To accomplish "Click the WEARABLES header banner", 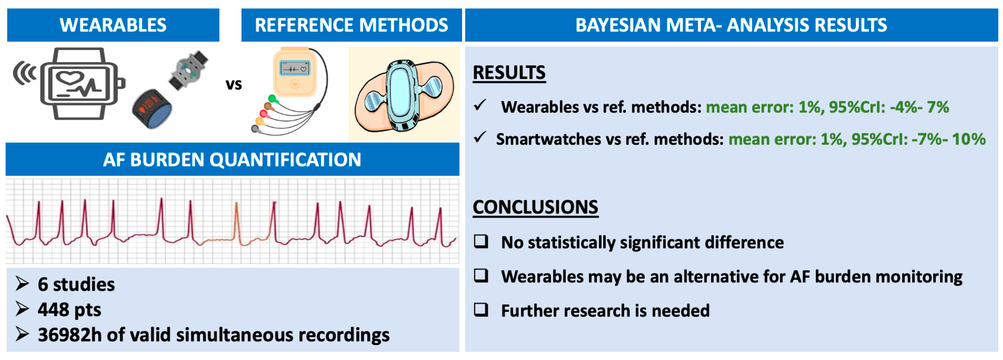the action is click(x=113, y=25).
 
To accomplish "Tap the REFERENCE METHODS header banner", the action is click(x=352, y=25).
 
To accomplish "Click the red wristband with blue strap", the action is click(x=152, y=109).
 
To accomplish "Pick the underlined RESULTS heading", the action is click(x=509, y=73).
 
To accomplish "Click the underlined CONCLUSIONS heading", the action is click(x=535, y=207).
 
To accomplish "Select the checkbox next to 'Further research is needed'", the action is click(x=481, y=310).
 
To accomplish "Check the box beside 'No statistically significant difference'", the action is click(x=481, y=241).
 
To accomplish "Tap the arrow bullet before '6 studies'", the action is click(x=22, y=284).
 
